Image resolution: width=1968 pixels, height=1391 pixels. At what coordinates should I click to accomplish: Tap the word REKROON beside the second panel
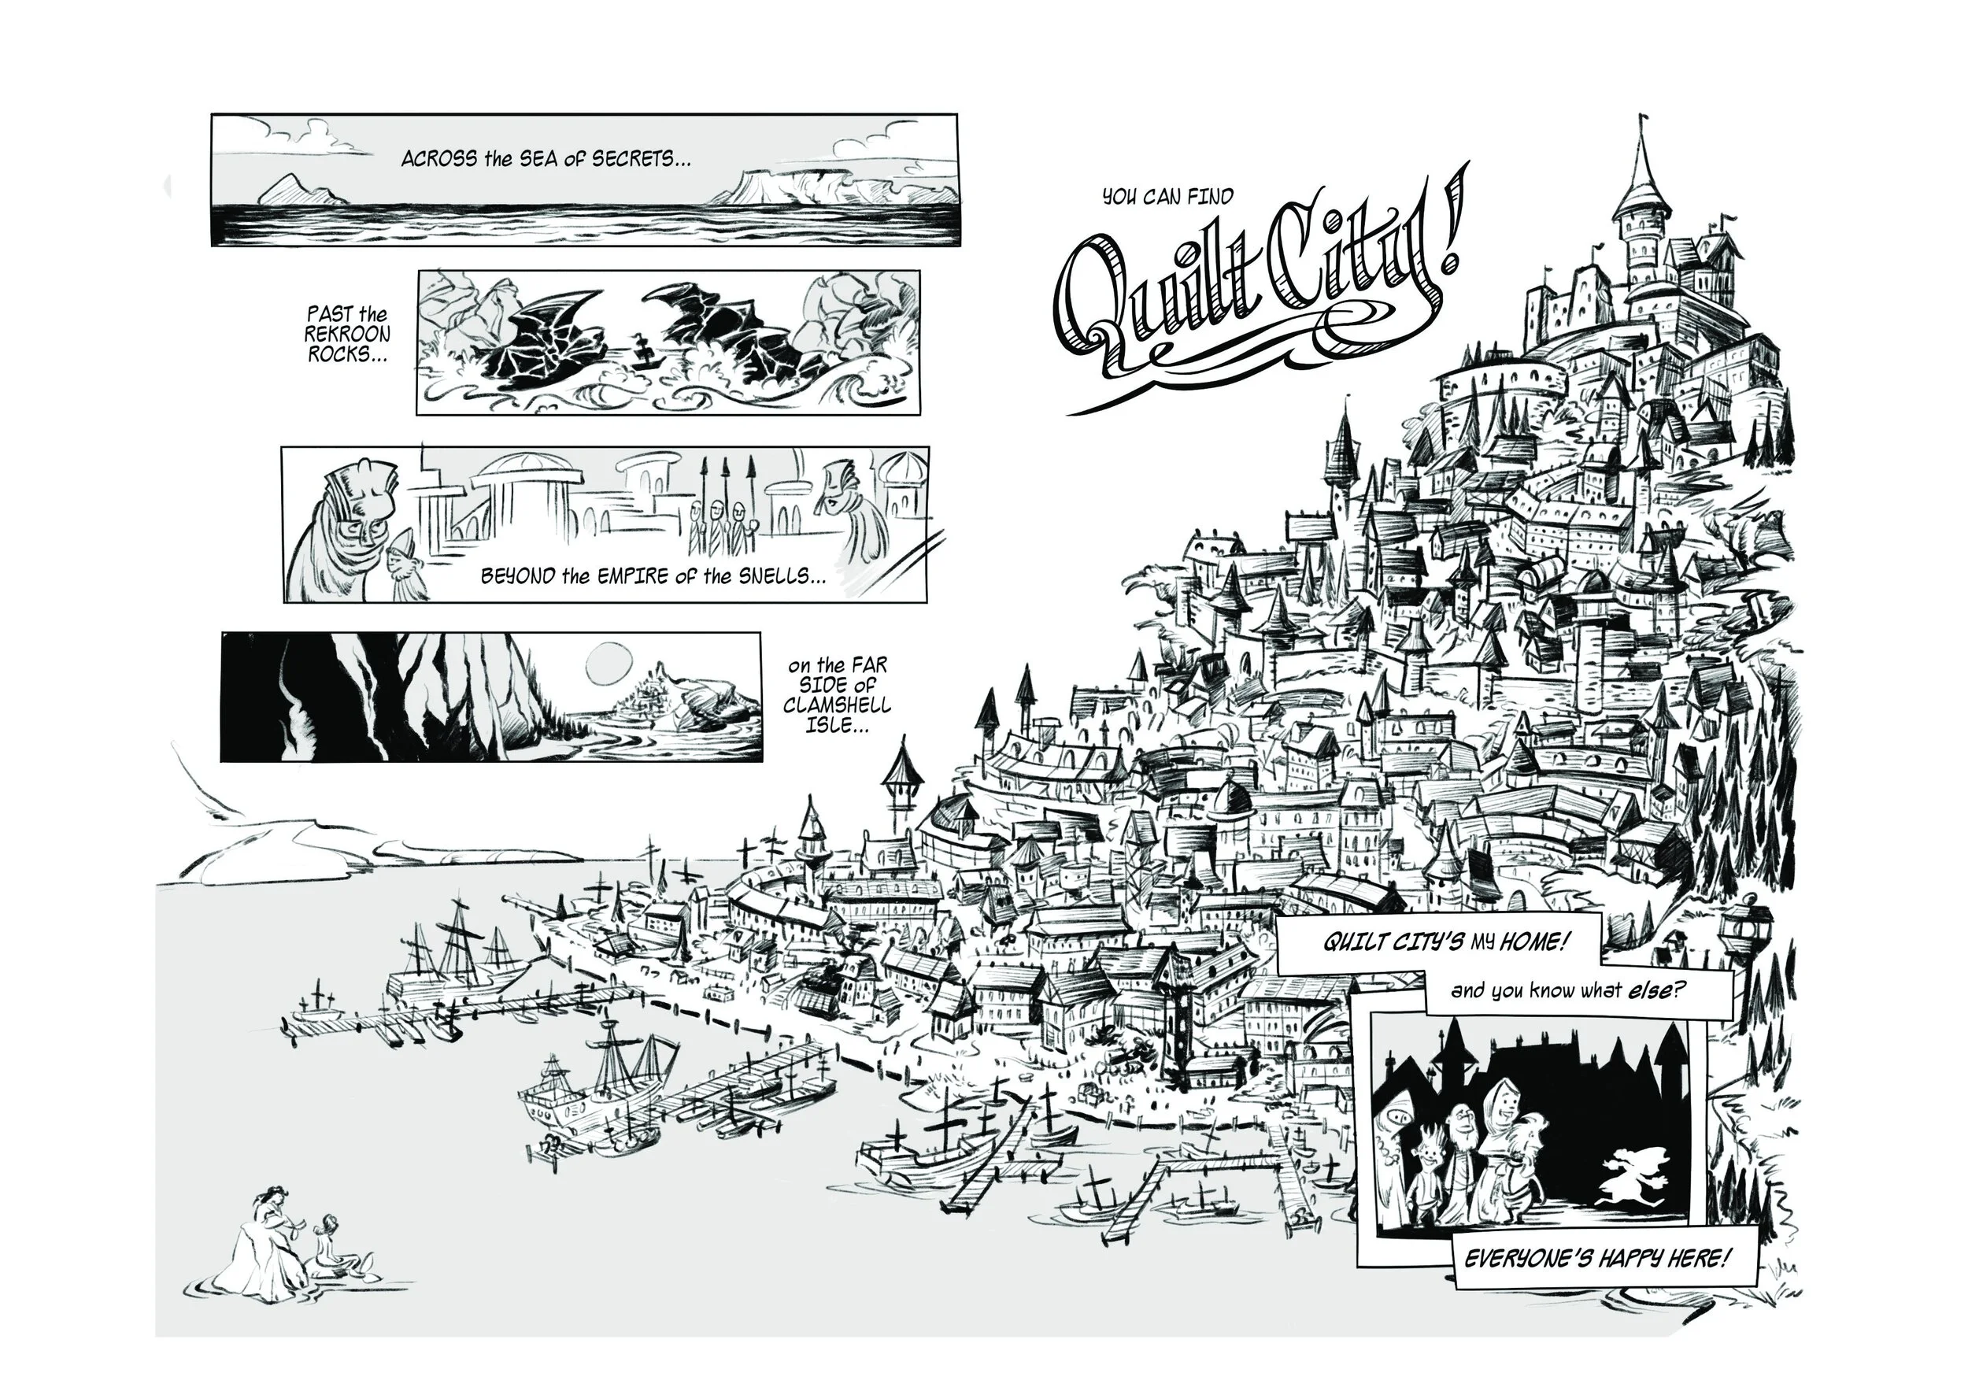[x=347, y=334]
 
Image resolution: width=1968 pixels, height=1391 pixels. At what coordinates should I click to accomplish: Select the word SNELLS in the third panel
[x=778, y=576]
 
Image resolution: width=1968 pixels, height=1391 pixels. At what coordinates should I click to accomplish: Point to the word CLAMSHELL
[x=838, y=705]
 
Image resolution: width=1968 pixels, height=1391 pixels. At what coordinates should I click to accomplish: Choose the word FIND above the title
[x=1209, y=197]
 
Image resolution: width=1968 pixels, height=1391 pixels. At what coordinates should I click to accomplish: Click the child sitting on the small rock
[x=328, y=1243]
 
